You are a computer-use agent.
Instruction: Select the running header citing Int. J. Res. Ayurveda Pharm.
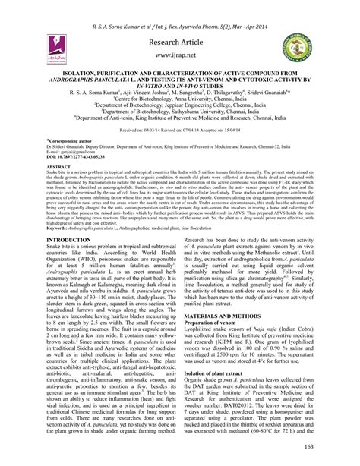[179, 10]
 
